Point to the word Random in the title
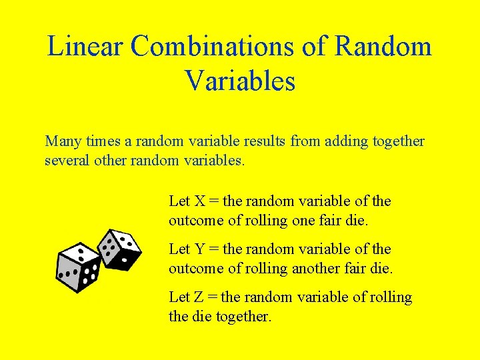[x=383, y=47]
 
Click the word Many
[x=62, y=142]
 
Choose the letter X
[x=200, y=201]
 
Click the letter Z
[x=199, y=297]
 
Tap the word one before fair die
[x=305, y=221]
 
